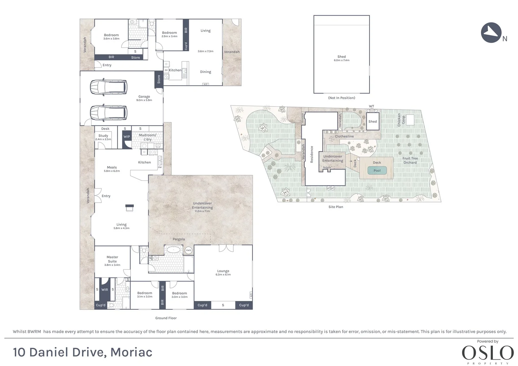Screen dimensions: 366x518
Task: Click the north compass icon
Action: (x=491, y=33)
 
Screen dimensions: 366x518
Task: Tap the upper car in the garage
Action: (x=109, y=87)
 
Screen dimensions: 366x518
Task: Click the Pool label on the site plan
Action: (x=377, y=170)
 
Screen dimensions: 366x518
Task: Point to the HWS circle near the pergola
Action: (x=188, y=250)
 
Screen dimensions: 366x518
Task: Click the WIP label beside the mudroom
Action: (x=127, y=137)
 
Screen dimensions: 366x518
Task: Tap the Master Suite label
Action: (x=112, y=259)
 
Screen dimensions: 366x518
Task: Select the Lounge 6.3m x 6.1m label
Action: (x=223, y=272)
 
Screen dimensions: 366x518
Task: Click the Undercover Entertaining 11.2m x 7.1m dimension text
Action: (x=202, y=211)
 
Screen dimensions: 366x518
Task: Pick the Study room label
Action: (x=103, y=136)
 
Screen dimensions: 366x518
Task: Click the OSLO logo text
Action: (x=487, y=353)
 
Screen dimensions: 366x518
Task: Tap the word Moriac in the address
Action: (x=131, y=352)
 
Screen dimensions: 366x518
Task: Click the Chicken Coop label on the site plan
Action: (x=401, y=120)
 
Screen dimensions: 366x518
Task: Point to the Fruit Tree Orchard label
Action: (x=410, y=160)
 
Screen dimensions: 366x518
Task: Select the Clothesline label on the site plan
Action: (x=344, y=136)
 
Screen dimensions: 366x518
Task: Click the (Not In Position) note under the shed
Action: (x=341, y=98)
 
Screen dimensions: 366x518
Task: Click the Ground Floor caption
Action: (x=166, y=318)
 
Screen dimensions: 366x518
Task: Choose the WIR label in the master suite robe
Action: (x=104, y=289)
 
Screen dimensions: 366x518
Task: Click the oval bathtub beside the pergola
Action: (x=173, y=250)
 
